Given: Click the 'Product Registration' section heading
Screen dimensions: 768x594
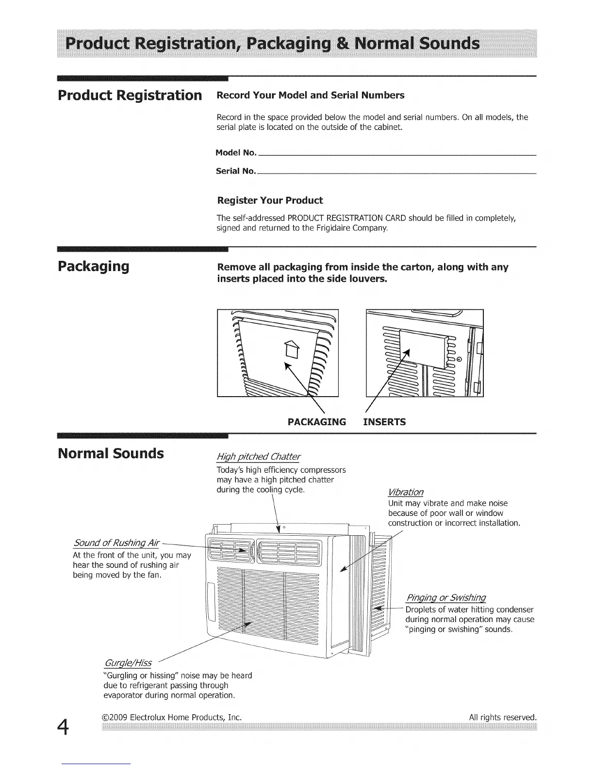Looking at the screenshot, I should (130, 95).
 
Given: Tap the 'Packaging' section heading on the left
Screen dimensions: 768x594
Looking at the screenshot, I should (93, 267).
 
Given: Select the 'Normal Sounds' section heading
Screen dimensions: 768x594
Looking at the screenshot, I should (111, 454).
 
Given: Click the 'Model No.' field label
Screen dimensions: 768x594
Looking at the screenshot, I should (236, 153).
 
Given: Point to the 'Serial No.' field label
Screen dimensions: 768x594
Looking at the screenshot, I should (235, 171).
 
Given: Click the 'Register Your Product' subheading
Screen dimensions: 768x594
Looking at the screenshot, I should (270, 201).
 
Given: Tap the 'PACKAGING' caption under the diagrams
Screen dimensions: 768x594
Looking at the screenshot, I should (317, 422).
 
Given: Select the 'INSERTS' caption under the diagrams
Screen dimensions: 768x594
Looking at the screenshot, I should (385, 422).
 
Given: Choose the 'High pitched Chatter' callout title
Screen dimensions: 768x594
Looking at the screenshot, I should (258, 457).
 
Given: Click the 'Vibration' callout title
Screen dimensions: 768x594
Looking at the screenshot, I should (406, 493).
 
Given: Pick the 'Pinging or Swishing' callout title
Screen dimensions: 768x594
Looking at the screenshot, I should (446, 597).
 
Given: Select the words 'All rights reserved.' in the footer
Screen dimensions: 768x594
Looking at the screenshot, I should (503, 717).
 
